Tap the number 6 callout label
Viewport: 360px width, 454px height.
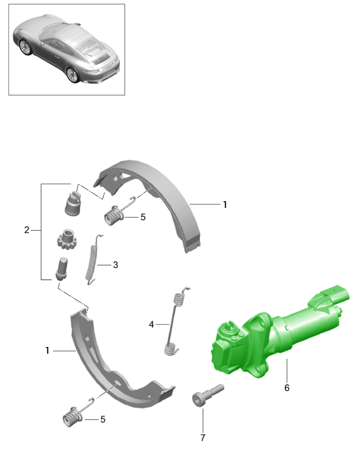pyautogui.click(x=287, y=388)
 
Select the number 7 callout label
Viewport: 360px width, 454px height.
pyautogui.click(x=203, y=437)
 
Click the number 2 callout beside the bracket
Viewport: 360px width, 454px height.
pyautogui.click(x=27, y=230)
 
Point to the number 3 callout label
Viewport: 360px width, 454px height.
pyautogui.click(x=115, y=264)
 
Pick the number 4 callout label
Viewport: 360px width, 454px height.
pyautogui.click(x=152, y=324)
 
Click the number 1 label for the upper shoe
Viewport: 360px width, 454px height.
pyautogui.click(x=225, y=204)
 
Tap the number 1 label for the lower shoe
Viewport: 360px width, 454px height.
pyautogui.click(x=48, y=351)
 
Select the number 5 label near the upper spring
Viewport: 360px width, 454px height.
pyautogui.click(x=143, y=217)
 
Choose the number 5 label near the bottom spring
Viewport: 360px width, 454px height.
pyautogui.click(x=103, y=419)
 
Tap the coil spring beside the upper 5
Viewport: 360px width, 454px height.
pyautogui.click(x=116, y=214)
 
